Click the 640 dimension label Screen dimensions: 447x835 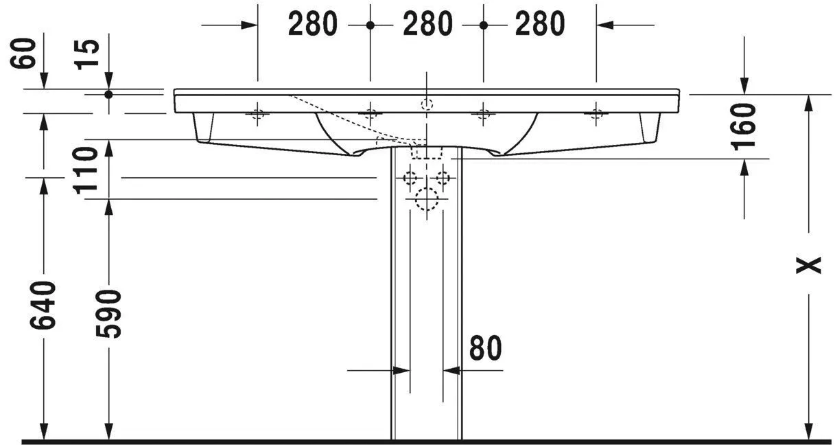[44, 305]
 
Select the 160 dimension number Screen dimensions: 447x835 [744, 126]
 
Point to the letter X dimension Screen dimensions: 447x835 [809, 264]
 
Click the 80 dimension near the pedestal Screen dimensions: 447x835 [486, 349]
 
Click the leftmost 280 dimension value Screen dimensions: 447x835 [313, 24]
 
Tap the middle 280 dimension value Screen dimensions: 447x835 [427, 24]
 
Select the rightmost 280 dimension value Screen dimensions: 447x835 [540, 24]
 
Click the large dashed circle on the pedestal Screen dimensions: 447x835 [427, 199]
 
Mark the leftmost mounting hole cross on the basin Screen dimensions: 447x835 [258, 114]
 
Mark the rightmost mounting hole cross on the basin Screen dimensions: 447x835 [596, 114]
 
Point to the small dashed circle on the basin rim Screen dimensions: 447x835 [427, 104]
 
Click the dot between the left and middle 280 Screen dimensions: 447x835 [371, 25]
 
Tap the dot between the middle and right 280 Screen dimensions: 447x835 [483, 25]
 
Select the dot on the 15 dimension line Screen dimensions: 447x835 [108, 94]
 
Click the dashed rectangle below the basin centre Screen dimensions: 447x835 [427, 150]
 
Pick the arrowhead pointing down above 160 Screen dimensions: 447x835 [744, 85]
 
